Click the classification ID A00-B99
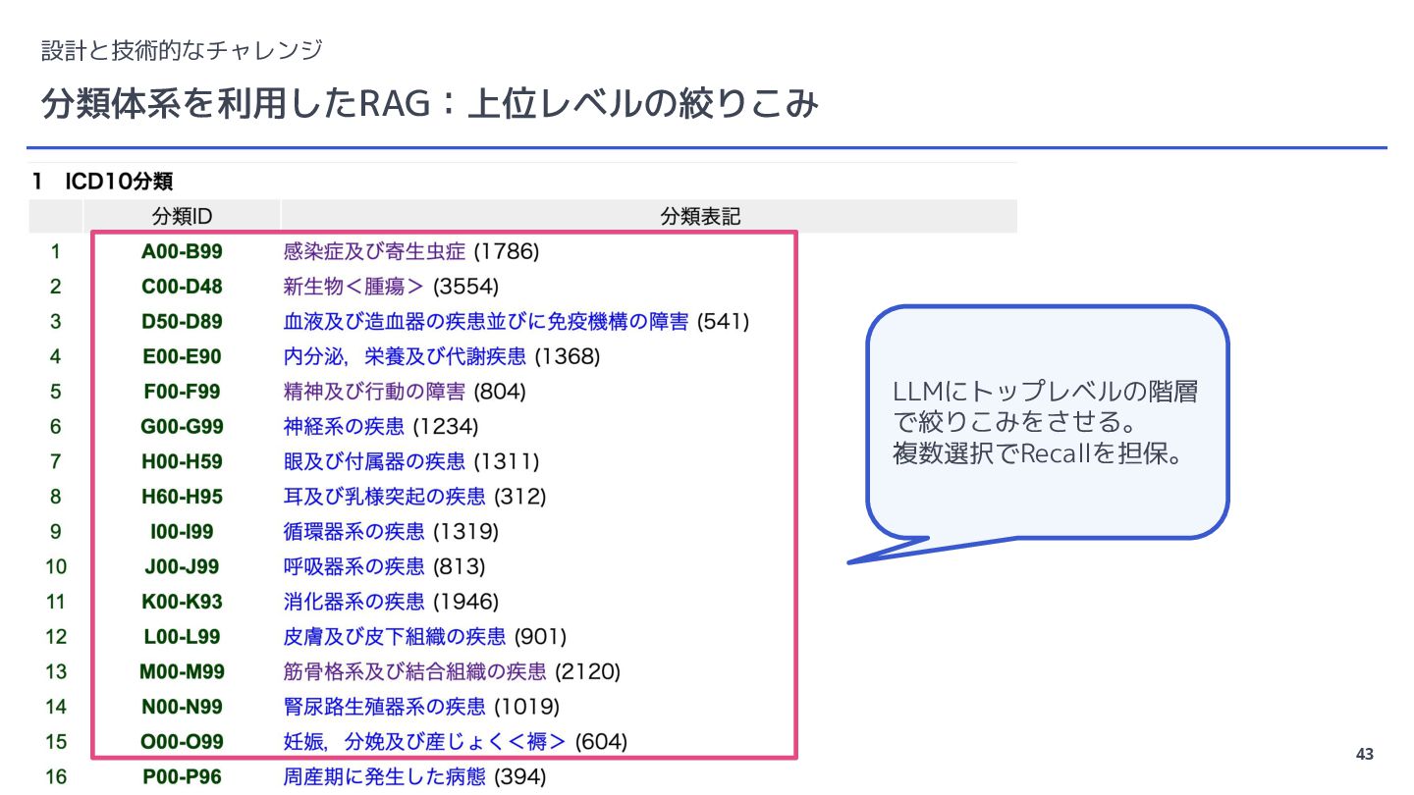click(182, 251)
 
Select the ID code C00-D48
click(182, 287)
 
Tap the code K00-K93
click(182, 602)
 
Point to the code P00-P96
click(182, 777)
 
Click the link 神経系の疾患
click(344, 427)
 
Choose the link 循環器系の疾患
click(353, 532)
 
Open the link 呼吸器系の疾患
click(353, 567)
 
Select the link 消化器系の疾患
click(353, 602)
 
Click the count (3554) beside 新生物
click(465, 287)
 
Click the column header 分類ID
click(182, 216)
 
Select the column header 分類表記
click(700, 216)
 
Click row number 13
click(56, 672)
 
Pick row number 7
click(56, 462)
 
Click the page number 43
click(1364, 754)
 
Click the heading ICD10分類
click(119, 182)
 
